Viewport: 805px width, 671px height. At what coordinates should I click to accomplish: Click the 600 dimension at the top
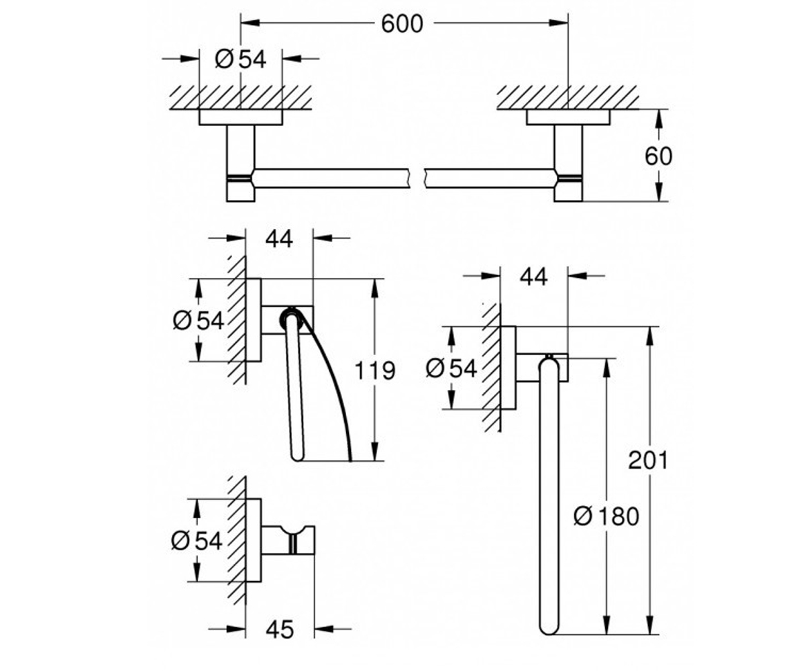click(402, 24)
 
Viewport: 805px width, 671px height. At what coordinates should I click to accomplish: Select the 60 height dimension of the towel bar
click(659, 156)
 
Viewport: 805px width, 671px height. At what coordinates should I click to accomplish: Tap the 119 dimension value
click(375, 370)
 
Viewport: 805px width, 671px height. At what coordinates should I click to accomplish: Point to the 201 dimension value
click(648, 460)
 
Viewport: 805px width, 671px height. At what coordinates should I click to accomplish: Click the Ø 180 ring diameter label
click(606, 517)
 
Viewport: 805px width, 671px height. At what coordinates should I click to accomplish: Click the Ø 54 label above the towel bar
click(241, 60)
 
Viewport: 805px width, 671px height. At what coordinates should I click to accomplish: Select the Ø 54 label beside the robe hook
click(197, 540)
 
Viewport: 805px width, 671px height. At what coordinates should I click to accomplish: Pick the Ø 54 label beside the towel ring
click(451, 368)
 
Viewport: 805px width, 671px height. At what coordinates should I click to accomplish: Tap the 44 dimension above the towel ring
click(533, 276)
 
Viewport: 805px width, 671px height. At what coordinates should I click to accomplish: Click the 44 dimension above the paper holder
click(279, 239)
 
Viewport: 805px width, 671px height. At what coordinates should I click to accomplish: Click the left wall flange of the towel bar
click(241, 117)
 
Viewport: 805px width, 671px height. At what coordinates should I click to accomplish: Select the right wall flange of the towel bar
click(568, 117)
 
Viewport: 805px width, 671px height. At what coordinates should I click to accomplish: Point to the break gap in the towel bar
click(417, 178)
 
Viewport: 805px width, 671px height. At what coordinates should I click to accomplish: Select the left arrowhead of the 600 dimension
click(250, 23)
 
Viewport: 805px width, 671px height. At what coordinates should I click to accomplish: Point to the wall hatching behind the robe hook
click(237, 541)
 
